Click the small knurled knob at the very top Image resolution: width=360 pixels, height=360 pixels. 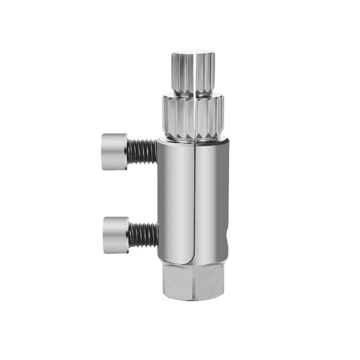pos(193,72)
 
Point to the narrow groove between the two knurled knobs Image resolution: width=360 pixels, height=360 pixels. pos(193,93)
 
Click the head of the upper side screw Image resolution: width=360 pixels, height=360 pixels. pos(114,152)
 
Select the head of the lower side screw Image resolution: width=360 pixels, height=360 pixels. pos(116,235)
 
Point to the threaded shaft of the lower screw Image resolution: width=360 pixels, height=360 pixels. pos(143,235)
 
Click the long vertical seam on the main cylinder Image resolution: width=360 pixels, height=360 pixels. pos(194,202)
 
